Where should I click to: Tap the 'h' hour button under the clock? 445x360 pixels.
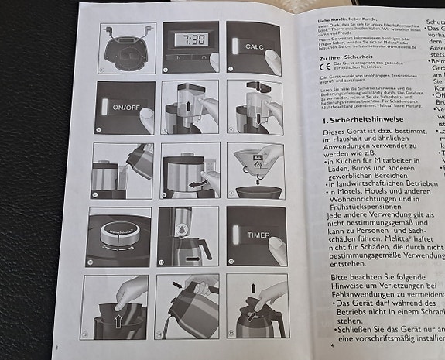(178, 58)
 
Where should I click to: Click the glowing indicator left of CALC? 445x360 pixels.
(235, 46)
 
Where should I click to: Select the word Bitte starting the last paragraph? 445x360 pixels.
(334, 276)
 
